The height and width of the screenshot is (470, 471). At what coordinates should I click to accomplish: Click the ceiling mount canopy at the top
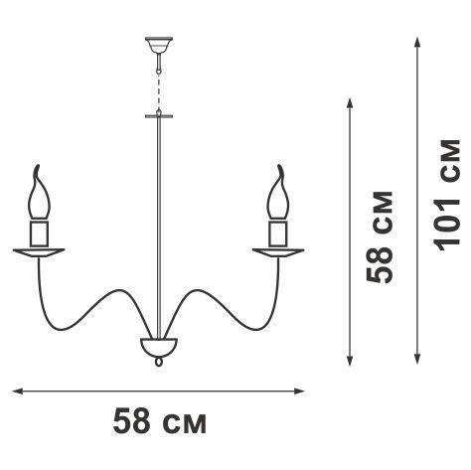[159, 45]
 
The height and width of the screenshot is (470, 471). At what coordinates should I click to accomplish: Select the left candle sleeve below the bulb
[39, 234]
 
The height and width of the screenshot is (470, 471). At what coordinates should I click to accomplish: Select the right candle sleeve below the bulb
[278, 234]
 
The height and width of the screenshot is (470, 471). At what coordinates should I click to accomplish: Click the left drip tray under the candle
[39, 252]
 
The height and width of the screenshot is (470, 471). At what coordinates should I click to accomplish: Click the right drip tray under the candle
[278, 252]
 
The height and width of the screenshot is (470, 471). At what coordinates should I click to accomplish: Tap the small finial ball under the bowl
[159, 362]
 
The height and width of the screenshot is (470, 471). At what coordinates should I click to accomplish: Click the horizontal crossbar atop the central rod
[159, 116]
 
